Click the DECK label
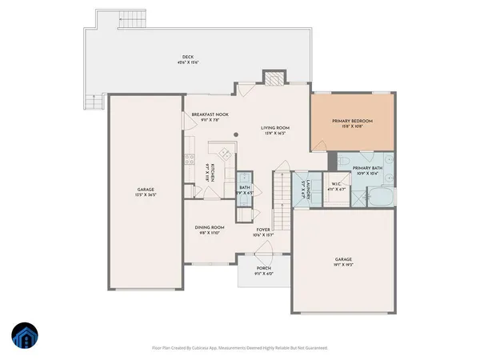188,57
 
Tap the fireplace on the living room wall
274,78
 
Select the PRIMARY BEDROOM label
353,121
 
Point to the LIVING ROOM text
275,127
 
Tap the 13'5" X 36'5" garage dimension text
145,194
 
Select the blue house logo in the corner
24,337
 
